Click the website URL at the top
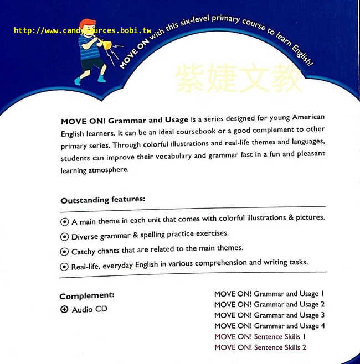point(83,30)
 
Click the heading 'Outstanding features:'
point(102,200)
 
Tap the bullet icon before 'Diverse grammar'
point(65,236)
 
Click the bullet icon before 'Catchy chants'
point(65,251)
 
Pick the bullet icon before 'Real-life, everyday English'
point(65,266)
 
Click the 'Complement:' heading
point(87,296)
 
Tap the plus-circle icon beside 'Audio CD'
point(64,310)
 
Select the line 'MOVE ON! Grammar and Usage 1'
point(269,294)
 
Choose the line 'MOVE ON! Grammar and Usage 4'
point(269,326)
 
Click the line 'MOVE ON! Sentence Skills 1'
point(260,336)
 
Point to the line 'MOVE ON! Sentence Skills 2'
point(260,347)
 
